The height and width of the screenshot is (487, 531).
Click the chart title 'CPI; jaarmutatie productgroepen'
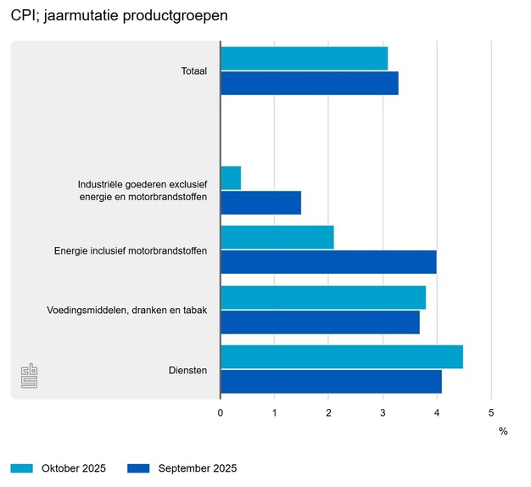[x=120, y=16]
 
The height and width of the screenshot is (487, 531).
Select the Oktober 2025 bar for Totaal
[x=304, y=59]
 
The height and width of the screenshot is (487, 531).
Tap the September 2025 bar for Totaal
[x=309, y=83]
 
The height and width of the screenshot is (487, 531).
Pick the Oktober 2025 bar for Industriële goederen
[x=231, y=177]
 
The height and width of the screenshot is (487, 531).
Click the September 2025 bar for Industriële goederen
[x=260, y=203]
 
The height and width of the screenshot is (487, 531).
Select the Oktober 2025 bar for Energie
[x=277, y=238]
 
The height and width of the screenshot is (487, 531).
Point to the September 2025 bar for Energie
[x=328, y=262]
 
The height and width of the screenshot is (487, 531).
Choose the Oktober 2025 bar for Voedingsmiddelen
[x=322, y=298]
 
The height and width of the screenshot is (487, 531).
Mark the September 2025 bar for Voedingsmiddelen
[x=320, y=322]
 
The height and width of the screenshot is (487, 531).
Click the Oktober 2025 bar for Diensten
[x=341, y=357]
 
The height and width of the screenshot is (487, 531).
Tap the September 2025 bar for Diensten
[x=331, y=382]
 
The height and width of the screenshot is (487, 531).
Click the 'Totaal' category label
[x=194, y=71]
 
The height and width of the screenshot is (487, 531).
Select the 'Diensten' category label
[x=188, y=370]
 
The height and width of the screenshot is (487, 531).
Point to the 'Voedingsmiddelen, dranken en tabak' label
[x=127, y=311]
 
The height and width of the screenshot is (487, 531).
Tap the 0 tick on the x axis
[x=221, y=412]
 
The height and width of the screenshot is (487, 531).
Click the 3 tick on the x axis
[x=383, y=412]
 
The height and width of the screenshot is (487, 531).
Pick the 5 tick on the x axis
[x=491, y=412]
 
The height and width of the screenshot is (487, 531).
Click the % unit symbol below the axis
[x=503, y=432]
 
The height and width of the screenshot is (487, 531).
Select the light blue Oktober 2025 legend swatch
[x=22, y=468]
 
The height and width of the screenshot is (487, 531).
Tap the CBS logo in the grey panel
[x=29, y=376]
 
